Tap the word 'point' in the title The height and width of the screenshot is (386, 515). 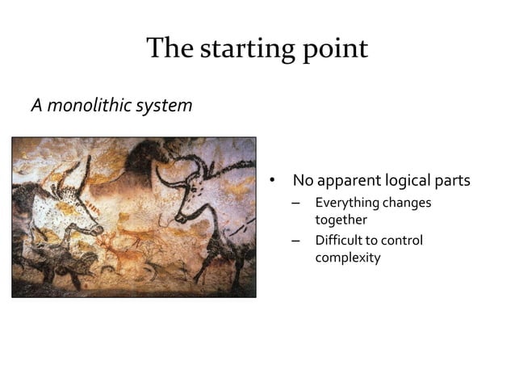[x=334, y=50]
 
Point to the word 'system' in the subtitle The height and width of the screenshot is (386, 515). [x=165, y=107]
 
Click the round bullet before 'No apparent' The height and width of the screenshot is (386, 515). [x=273, y=179]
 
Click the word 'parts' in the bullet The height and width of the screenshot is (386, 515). [x=454, y=179]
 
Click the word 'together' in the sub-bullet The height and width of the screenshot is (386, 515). [x=341, y=220]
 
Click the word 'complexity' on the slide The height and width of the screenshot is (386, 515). [x=348, y=258]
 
